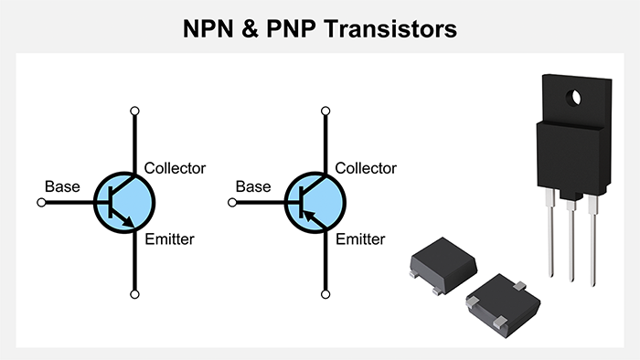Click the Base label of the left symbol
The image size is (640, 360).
pyautogui.click(x=62, y=186)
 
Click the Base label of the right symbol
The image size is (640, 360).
pyautogui.click(x=253, y=186)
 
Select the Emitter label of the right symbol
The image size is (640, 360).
pyautogui.click(x=360, y=239)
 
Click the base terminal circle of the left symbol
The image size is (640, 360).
pyautogui.click(x=40, y=202)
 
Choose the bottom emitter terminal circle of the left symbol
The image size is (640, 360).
pyautogui.click(x=135, y=294)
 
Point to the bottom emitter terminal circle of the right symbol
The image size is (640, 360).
pyautogui.click(x=326, y=294)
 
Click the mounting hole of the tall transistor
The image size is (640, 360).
pyautogui.click(x=575, y=95)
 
